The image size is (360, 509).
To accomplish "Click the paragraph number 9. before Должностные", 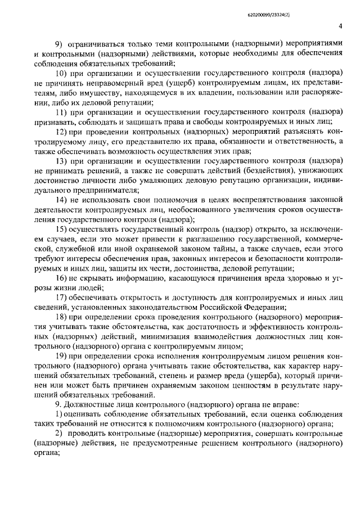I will pyautogui.click(x=57, y=404).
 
